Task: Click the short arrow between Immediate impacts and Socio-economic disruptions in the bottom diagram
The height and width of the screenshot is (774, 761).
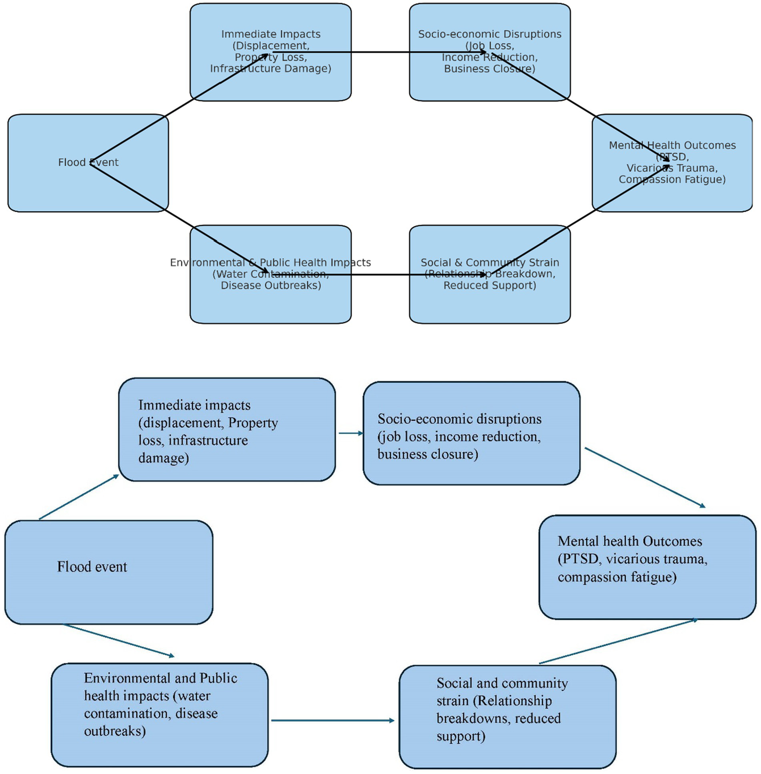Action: [x=351, y=433]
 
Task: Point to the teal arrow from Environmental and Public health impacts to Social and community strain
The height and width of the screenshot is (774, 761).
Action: [x=332, y=720]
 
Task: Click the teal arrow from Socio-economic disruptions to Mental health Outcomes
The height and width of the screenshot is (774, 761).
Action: [x=644, y=477]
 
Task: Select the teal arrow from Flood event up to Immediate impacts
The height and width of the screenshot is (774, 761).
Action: [x=79, y=497]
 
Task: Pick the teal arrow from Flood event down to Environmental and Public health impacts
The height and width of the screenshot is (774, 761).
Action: [x=119, y=641]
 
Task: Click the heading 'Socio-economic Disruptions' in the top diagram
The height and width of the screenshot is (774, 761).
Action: [x=489, y=34]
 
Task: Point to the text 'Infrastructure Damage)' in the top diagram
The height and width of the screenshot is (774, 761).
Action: [x=270, y=68]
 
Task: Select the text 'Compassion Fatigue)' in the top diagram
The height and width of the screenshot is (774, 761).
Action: [x=672, y=179]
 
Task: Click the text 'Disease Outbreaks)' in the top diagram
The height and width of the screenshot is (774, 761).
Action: [x=271, y=285]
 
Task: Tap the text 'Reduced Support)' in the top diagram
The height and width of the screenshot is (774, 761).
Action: [x=489, y=285]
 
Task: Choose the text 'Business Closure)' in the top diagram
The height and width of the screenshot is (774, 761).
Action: [x=489, y=68]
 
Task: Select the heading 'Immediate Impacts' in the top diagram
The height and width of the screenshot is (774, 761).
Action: [x=271, y=34]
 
